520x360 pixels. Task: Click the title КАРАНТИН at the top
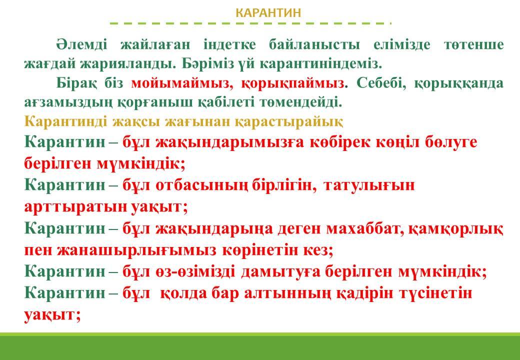(x=268, y=13)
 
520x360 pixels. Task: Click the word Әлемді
(x=81, y=44)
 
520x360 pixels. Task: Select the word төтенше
(x=473, y=45)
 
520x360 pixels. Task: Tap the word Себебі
(x=381, y=83)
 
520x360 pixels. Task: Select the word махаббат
(x=365, y=228)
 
